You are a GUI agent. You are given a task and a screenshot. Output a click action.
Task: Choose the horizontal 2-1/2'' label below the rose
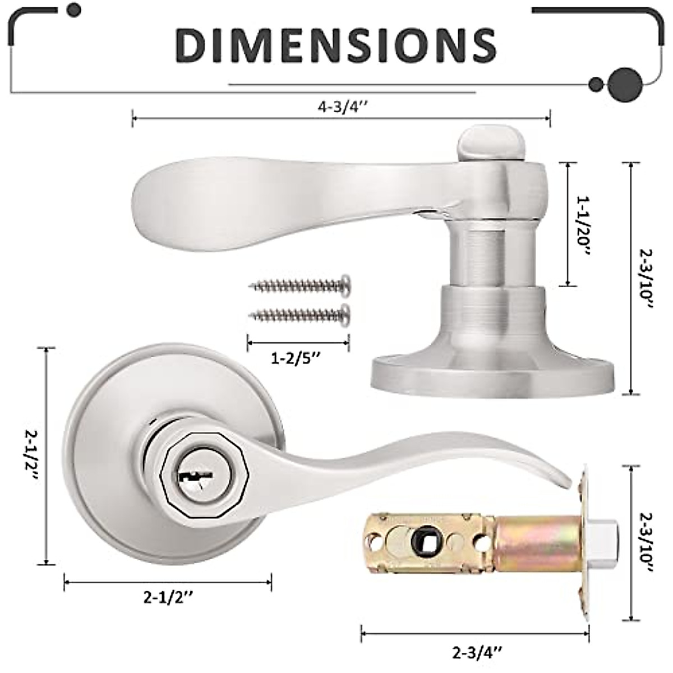pyautogui.click(x=168, y=598)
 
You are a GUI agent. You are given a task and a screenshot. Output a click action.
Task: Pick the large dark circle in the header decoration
pyautogui.click(x=625, y=84)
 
